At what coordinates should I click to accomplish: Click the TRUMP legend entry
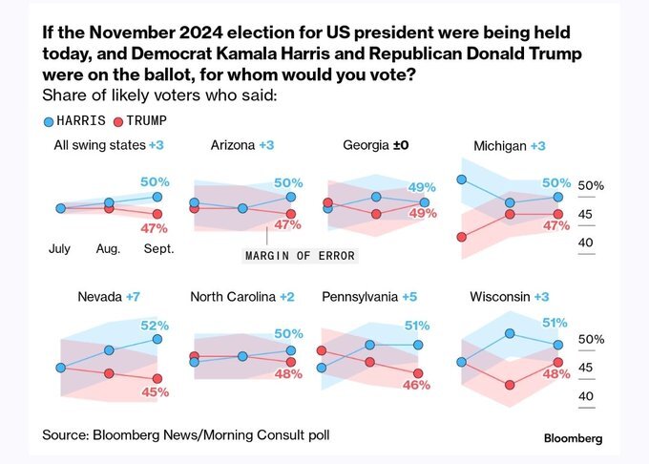139,121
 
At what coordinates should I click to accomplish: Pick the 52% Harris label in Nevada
155,325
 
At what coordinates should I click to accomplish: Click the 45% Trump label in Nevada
155,391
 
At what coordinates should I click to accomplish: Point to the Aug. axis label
108,248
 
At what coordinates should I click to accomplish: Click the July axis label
59,248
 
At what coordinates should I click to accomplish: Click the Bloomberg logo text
573,438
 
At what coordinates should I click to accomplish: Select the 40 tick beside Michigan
587,243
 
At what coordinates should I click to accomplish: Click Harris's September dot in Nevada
157,339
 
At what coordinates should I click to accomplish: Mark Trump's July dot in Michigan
461,237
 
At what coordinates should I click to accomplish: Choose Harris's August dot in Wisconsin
510,332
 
